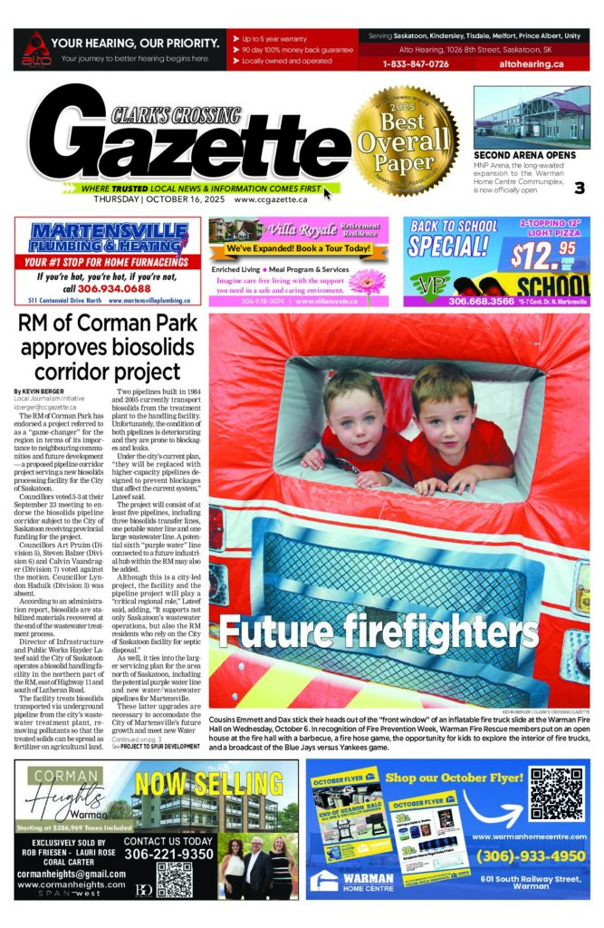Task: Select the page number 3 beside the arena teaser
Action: [579, 188]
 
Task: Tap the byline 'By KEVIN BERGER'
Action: [42, 391]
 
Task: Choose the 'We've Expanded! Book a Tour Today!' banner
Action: [299, 248]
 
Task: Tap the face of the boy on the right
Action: [444, 403]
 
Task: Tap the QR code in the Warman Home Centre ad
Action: [558, 793]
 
